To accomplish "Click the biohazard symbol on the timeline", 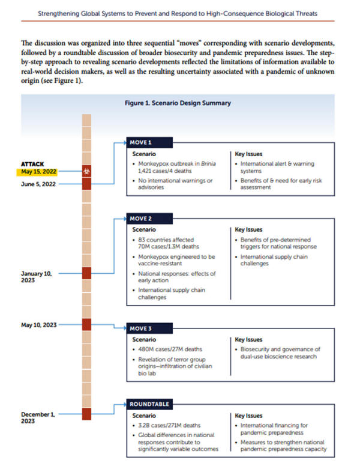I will pos(86,171).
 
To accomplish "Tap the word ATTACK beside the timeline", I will pos(34,163).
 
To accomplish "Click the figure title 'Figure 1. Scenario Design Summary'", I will pos(178,103).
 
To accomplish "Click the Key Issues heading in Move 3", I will pos(248,340).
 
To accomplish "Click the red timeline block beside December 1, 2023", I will pos(86,414).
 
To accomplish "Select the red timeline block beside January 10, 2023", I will pos(86,273).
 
